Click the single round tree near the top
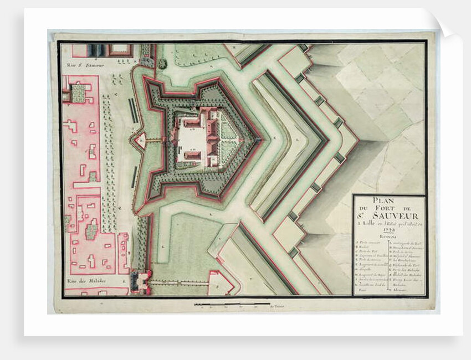pos(162,64)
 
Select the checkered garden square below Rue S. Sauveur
pos(78,93)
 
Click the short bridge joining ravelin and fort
pos(155,139)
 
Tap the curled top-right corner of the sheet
pos(446,22)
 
